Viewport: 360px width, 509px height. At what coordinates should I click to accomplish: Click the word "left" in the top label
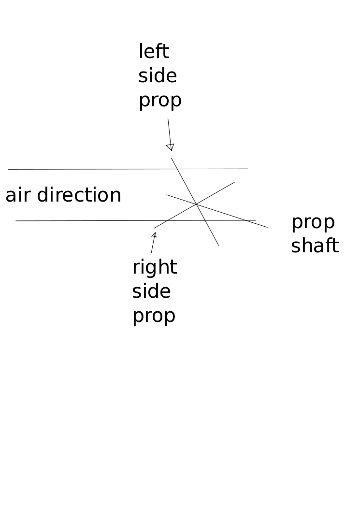[154, 52]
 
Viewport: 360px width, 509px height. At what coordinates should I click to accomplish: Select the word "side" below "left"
[158, 76]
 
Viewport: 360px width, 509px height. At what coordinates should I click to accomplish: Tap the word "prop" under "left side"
[160, 101]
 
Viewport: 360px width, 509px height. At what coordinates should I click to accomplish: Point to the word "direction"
[79, 195]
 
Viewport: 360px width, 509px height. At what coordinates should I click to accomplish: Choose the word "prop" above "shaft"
[313, 223]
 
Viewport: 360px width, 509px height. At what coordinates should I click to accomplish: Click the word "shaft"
[315, 246]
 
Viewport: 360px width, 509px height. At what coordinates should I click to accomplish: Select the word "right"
[155, 268]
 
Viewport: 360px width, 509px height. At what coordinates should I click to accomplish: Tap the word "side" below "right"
[151, 291]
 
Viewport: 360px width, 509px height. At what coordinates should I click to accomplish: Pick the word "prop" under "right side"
[154, 316]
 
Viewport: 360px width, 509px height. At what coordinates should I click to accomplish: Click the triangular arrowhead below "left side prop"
[170, 147]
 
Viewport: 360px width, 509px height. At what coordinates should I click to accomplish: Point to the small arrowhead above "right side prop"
[155, 235]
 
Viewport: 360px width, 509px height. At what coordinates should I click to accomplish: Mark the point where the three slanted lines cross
[196, 204]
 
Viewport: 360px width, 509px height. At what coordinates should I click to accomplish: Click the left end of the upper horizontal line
[8, 169]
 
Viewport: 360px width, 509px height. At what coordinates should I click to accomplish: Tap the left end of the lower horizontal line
[16, 221]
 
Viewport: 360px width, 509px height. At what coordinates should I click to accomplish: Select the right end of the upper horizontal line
[247, 169]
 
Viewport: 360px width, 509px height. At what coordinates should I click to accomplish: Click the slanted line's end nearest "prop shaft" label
[267, 227]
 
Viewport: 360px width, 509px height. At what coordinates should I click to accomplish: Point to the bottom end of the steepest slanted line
[218, 245]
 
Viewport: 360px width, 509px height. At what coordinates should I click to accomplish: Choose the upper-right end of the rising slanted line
[234, 182]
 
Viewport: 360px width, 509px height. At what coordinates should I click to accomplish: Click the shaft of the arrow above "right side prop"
[153, 245]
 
